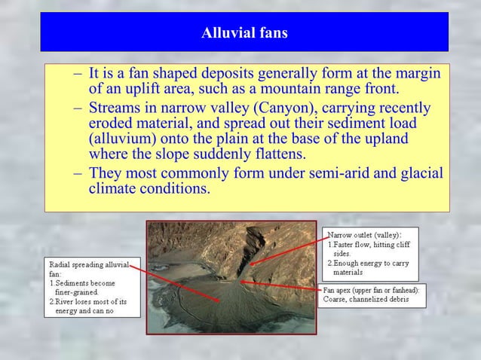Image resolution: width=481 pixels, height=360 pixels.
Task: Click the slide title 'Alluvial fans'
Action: [244, 33]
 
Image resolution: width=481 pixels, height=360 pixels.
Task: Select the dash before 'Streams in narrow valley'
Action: [78, 108]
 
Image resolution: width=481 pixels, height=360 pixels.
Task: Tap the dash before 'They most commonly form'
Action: [78, 172]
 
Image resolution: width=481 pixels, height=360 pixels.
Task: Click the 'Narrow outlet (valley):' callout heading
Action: [364, 235]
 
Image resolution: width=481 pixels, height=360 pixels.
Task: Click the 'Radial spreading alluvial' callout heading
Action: [89, 265]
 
